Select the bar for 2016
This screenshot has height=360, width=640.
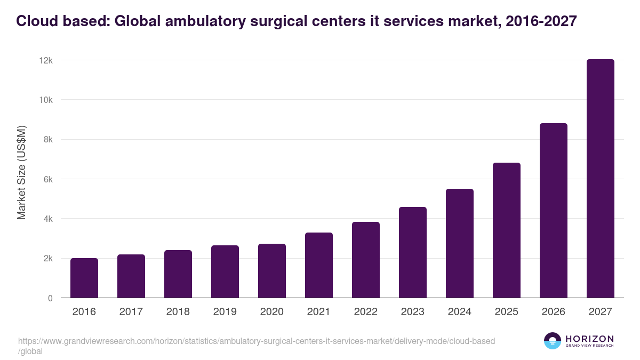(x=84, y=278)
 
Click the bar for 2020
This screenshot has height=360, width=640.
(x=272, y=271)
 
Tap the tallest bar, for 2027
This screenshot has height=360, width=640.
(x=601, y=179)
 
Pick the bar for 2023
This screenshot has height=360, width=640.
(x=413, y=252)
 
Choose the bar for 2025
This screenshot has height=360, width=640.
(x=507, y=230)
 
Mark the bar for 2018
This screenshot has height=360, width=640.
(x=178, y=274)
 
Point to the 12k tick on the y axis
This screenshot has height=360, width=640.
(x=46, y=61)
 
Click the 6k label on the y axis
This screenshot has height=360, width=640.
(x=47, y=180)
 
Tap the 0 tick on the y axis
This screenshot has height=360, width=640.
(x=50, y=299)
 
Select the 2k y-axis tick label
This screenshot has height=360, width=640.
(x=47, y=259)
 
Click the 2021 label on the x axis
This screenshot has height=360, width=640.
(x=319, y=312)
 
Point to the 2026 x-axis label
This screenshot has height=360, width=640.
(x=554, y=312)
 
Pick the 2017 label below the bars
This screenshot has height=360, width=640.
(x=131, y=312)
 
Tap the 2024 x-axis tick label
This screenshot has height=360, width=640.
(x=460, y=312)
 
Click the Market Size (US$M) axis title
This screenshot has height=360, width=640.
(x=22, y=172)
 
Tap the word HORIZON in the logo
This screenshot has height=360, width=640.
(x=589, y=339)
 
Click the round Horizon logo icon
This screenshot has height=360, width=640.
(x=553, y=341)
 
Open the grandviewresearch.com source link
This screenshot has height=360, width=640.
(x=256, y=341)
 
